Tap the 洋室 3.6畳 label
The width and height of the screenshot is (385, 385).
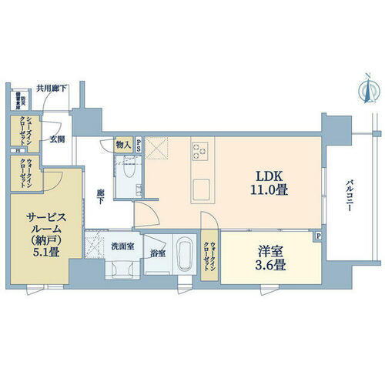pos(269,257)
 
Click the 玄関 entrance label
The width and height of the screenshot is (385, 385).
pos(58,139)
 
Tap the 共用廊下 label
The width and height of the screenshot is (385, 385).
pos(51,89)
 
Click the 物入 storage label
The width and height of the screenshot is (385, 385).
pos(122,144)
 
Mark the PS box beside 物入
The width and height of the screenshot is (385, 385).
pos(139,144)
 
